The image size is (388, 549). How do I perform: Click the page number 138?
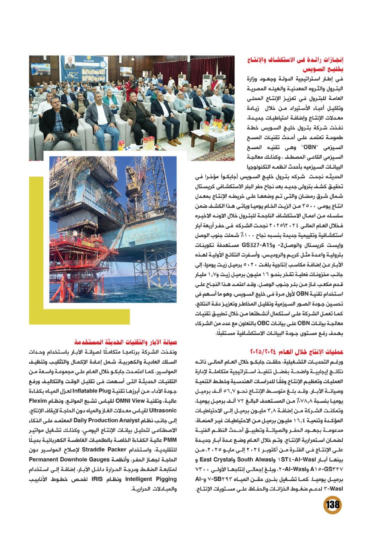332,504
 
